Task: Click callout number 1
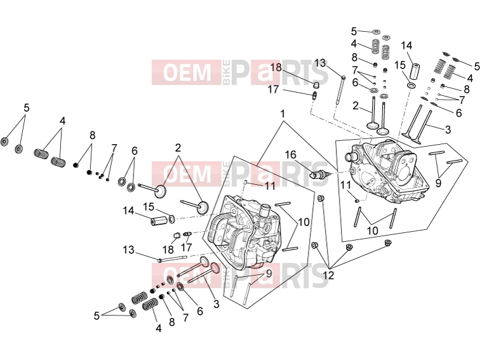(x=283, y=114)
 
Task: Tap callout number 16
(x=291, y=154)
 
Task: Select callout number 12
(x=328, y=276)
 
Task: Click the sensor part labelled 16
(x=319, y=175)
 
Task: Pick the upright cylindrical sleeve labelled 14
(x=415, y=72)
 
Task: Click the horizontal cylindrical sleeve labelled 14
(x=159, y=220)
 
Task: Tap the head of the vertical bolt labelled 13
(x=343, y=77)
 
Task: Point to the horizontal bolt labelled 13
(x=172, y=259)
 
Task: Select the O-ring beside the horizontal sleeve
(x=172, y=218)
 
